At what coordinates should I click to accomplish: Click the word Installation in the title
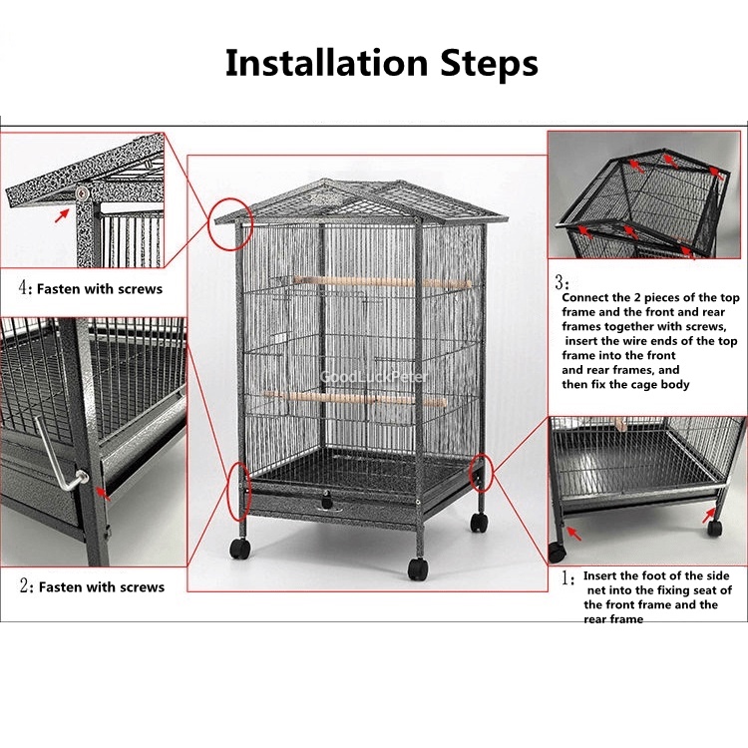pos(326,63)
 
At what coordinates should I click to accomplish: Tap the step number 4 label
pos(24,288)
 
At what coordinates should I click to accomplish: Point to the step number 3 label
pos(561,283)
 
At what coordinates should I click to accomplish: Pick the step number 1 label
pos(567,578)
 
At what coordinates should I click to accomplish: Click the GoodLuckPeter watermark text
pos(374,377)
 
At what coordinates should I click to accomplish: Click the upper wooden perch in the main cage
pos(382,282)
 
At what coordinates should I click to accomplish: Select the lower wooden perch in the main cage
pos(354,398)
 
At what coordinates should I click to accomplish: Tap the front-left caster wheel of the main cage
pos(239,549)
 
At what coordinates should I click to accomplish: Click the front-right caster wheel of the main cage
pos(418,569)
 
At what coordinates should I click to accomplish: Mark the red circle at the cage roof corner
pos(231,224)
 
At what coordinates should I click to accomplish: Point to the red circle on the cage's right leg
pos(481,473)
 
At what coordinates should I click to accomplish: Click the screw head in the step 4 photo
pos(83,192)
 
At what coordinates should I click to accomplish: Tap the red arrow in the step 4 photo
pos(61,215)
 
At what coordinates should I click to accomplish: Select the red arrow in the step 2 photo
pos(103,494)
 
